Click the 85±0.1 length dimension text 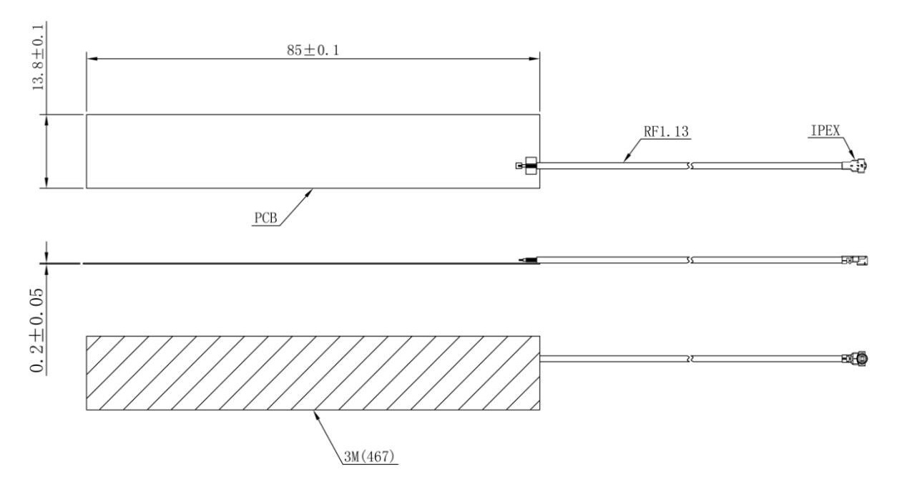coord(313,50)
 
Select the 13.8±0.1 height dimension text coord(38,57)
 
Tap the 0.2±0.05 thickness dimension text coord(37,330)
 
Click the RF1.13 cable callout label coord(666,132)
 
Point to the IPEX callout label coord(825,130)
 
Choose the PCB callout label coord(265,218)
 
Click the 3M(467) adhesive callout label coord(369,456)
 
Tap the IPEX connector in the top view coord(854,165)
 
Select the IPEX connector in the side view coord(855,260)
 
